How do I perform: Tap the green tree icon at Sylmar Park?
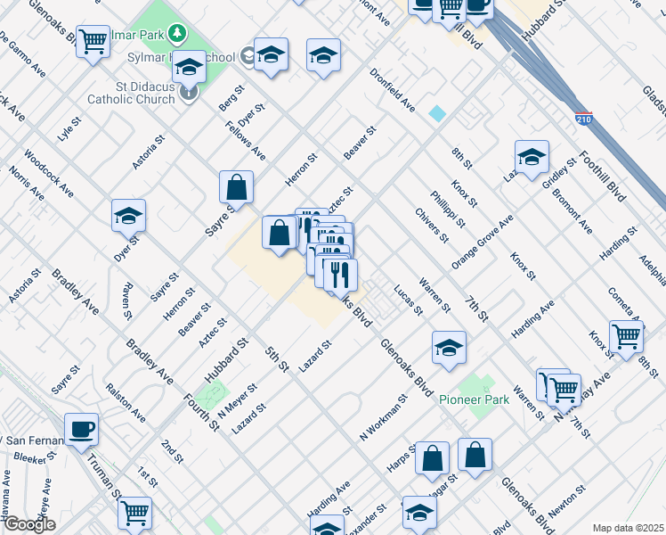click(178, 33)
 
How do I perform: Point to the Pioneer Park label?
click(475, 399)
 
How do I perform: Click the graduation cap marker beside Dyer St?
click(128, 216)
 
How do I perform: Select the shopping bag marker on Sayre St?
click(237, 187)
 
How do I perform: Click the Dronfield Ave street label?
click(393, 92)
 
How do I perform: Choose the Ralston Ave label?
click(126, 403)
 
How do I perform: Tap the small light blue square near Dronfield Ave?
click(437, 113)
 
